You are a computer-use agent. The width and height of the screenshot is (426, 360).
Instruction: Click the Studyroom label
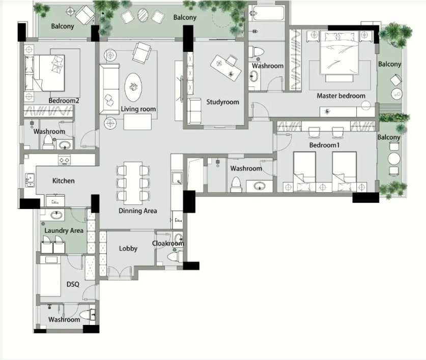pyautogui.click(x=222, y=102)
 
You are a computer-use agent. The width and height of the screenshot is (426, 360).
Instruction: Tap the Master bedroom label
pyautogui.click(x=341, y=96)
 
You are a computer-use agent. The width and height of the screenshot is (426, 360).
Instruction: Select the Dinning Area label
pyautogui.click(x=138, y=211)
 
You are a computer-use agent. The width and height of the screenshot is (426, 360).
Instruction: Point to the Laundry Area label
pyautogui.click(x=64, y=231)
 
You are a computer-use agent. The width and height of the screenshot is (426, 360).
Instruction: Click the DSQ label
pyautogui.click(x=73, y=284)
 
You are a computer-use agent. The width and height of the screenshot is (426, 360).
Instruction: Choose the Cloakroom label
pyautogui.click(x=168, y=243)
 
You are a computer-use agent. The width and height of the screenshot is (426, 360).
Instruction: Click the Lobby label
pyautogui.click(x=128, y=249)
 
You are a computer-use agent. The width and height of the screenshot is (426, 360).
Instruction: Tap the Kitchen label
pyautogui.click(x=63, y=181)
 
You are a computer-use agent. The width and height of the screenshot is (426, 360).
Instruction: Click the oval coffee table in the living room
pyautogui.click(x=133, y=87)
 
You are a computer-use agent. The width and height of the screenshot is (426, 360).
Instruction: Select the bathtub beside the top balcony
pyautogui.click(x=267, y=13)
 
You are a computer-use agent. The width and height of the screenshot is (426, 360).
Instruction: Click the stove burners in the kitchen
pyautogui.click(x=65, y=160)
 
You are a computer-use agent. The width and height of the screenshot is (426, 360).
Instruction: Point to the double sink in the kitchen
pyautogui.click(x=30, y=181)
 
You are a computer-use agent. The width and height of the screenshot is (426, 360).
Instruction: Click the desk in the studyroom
pyautogui.click(x=226, y=68)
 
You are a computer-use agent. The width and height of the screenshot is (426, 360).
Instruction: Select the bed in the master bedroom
pyautogui.click(x=339, y=53)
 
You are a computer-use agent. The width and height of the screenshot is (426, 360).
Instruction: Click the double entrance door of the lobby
pyautogui.click(x=120, y=273)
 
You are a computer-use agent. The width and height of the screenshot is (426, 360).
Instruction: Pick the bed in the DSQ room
pyautogui.click(x=50, y=276)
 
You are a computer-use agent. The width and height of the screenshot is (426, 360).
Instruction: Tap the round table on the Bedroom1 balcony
pyautogui.click(x=394, y=159)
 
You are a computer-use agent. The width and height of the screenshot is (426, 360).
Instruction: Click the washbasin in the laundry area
pyautogui.click(x=56, y=216)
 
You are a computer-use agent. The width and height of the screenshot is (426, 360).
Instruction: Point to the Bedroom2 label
pyautogui.click(x=64, y=101)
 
